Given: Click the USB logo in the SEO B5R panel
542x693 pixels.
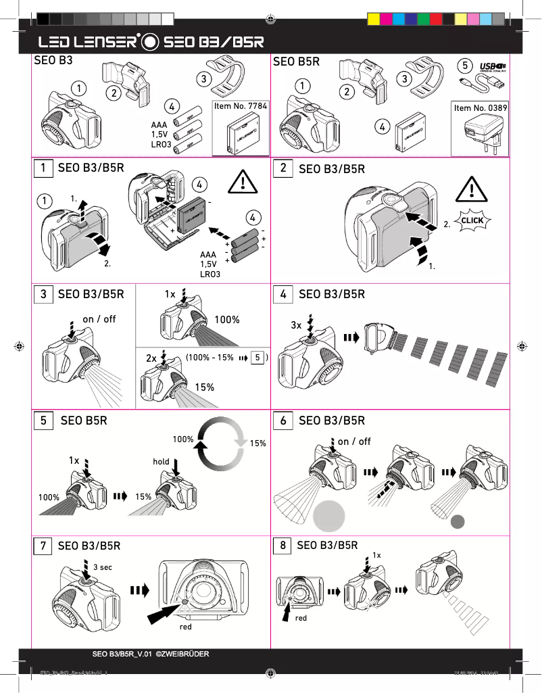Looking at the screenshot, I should pyautogui.click(x=493, y=67).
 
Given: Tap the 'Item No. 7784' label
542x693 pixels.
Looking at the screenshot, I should pyautogui.click(x=240, y=106).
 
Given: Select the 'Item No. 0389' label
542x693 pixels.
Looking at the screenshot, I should pyautogui.click(x=481, y=107).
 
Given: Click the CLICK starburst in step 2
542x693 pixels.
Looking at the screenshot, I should pyautogui.click(x=472, y=220).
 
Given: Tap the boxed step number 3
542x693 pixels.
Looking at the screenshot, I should pyautogui.click(x=43, y=294).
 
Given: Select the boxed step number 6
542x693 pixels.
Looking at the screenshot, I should pyautogui.click(x=283, y=421).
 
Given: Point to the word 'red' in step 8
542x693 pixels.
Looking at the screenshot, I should pyautogui.click(x=301, y=618).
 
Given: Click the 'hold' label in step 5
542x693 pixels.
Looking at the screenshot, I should pyautogui.click(x=161, y=462).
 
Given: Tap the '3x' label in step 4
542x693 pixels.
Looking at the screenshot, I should pyautogui.click(x=296, y=325).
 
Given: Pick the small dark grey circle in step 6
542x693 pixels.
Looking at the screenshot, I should pyautogui.click(x=459, y=521).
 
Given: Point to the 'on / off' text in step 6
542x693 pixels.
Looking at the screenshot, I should pyautogui.click(x=354, y=441).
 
